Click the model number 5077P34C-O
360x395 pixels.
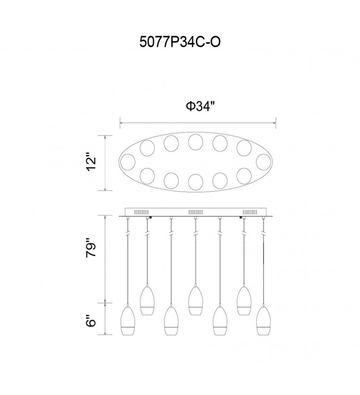[180, 41]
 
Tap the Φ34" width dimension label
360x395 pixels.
[201, 106]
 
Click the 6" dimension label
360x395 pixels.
[91, 320]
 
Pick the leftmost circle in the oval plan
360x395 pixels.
[128, 162]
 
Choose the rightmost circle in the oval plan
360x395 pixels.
[264, 162]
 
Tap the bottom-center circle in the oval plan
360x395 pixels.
[195, 181]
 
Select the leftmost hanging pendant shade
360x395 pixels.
[128, 320]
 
